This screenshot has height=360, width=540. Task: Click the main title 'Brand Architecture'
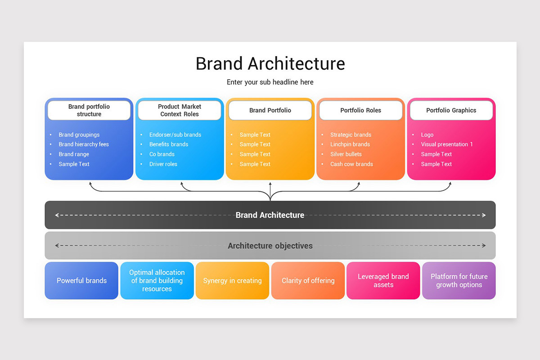click(270, 63)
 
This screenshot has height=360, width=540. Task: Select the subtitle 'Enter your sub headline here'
click(270, 82)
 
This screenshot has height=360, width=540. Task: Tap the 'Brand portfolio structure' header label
click(89, 110)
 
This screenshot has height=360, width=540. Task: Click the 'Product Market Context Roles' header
click(180, 110)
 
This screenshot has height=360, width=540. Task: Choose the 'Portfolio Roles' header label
click(360, 110)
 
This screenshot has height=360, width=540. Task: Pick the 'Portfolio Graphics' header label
click(451, 110)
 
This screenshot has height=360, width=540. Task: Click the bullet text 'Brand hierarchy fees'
click(84, 144)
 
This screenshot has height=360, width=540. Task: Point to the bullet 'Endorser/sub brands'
click(175, 135)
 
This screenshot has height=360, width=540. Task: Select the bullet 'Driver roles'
click(163, 164)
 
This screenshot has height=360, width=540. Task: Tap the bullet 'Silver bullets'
click(346, 154)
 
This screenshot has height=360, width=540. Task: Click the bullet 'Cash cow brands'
click(351, 164)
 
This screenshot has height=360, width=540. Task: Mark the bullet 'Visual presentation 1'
click(446, 144)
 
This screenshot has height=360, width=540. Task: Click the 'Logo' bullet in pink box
click(427, 135)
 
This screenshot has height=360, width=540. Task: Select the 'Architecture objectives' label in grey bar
click(270, 246)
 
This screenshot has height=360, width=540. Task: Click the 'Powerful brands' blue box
click(81, 281)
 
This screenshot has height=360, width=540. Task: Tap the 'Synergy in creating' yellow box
click(232, 281)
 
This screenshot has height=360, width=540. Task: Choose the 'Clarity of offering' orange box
click(308, 281)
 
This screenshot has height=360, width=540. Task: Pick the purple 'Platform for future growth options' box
click(459, 281)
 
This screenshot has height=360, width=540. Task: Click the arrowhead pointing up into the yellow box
click(270, 184)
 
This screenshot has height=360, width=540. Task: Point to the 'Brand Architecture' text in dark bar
click(270, 215)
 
